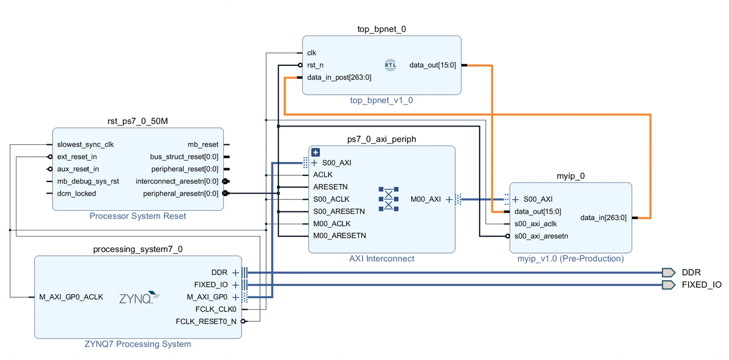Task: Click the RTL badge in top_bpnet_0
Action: click(390, 65)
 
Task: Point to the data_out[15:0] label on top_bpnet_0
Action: click(432, 65)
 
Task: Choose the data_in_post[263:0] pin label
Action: click(339, 78)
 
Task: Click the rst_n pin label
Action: click(315, 65)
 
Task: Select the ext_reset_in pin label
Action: click(77, 156)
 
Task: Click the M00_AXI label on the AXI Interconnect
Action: click(426, 199)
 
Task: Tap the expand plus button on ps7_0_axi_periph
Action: click(316, 152)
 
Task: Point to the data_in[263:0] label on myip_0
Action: click(603, 217)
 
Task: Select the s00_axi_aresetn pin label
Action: click(541, 235)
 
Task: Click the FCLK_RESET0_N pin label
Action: click(206, 321)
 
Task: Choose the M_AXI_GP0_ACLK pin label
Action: click(72, 297)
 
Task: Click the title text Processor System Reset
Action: click(138, 216)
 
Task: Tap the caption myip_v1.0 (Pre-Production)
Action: click(570, 259)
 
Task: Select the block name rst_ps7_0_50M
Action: click(138, 122)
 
